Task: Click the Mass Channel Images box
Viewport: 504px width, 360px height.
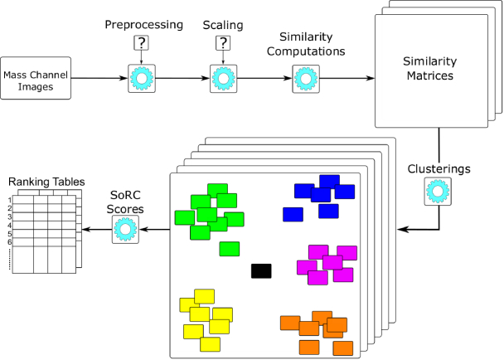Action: point(36,78)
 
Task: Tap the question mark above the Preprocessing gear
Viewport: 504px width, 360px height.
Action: point(142,43)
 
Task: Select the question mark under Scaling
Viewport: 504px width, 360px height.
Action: point(223,43)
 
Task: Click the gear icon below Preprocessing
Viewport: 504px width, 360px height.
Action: point(142,79)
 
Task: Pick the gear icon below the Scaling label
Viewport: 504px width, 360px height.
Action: point(223,79)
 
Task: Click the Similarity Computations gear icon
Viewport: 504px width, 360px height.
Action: point(306,79)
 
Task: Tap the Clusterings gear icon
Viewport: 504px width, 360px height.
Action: point(438,191)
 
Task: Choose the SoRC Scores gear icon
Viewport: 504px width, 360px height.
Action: point(125,230)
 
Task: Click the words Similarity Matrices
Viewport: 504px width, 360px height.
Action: point(430,68)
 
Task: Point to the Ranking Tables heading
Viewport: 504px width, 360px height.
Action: point(46,182)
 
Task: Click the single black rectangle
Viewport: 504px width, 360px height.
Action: point(261,271)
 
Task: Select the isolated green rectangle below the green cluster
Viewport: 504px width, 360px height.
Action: point(230,249)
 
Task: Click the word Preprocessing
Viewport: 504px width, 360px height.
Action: point(144,25)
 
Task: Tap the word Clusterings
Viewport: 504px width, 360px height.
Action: point(439,169)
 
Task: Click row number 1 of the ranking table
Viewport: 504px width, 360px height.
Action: point(10,200)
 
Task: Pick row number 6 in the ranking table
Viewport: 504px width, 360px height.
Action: point(10,242)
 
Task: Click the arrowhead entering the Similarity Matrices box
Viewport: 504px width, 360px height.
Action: point(371,78)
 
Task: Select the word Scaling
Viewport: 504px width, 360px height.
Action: point(223,25)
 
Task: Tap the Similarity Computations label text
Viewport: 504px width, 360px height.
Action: point(306,44)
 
